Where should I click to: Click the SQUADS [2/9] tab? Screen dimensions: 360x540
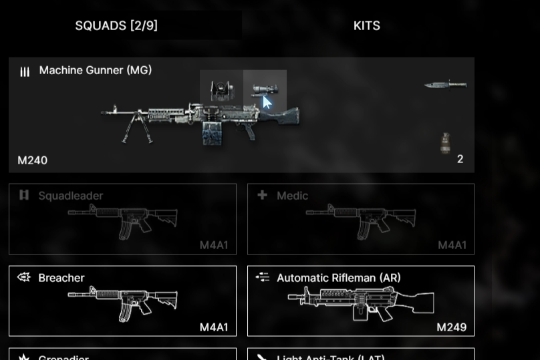tap(116, 26)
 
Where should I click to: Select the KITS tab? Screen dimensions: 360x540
tap(366, 26)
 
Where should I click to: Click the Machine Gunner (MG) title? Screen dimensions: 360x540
tap(95, 70)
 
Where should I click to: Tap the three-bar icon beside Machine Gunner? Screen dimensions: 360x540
tap(25, 71)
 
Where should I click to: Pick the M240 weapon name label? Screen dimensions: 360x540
tap(32, 160)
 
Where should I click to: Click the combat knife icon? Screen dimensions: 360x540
tap(445, 85)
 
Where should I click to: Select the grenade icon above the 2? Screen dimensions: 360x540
tap(445, 143)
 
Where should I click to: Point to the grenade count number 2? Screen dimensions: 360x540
tap(460, 159)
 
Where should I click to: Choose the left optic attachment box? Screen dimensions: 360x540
tap(221, 89)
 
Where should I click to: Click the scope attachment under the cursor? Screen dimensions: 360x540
tap(263, 90)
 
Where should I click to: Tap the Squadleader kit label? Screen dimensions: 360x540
tap(70, 196)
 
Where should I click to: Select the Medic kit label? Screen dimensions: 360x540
tap(292, 196)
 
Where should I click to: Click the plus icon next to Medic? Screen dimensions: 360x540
tap(262, 195)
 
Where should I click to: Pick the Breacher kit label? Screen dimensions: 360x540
tap(61, 278)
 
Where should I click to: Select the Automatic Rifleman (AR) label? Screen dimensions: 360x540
tap(338, 278)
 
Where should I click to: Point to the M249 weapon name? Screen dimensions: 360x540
tap(451, 327)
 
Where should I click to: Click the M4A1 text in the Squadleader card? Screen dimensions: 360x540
tap(213, 245)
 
